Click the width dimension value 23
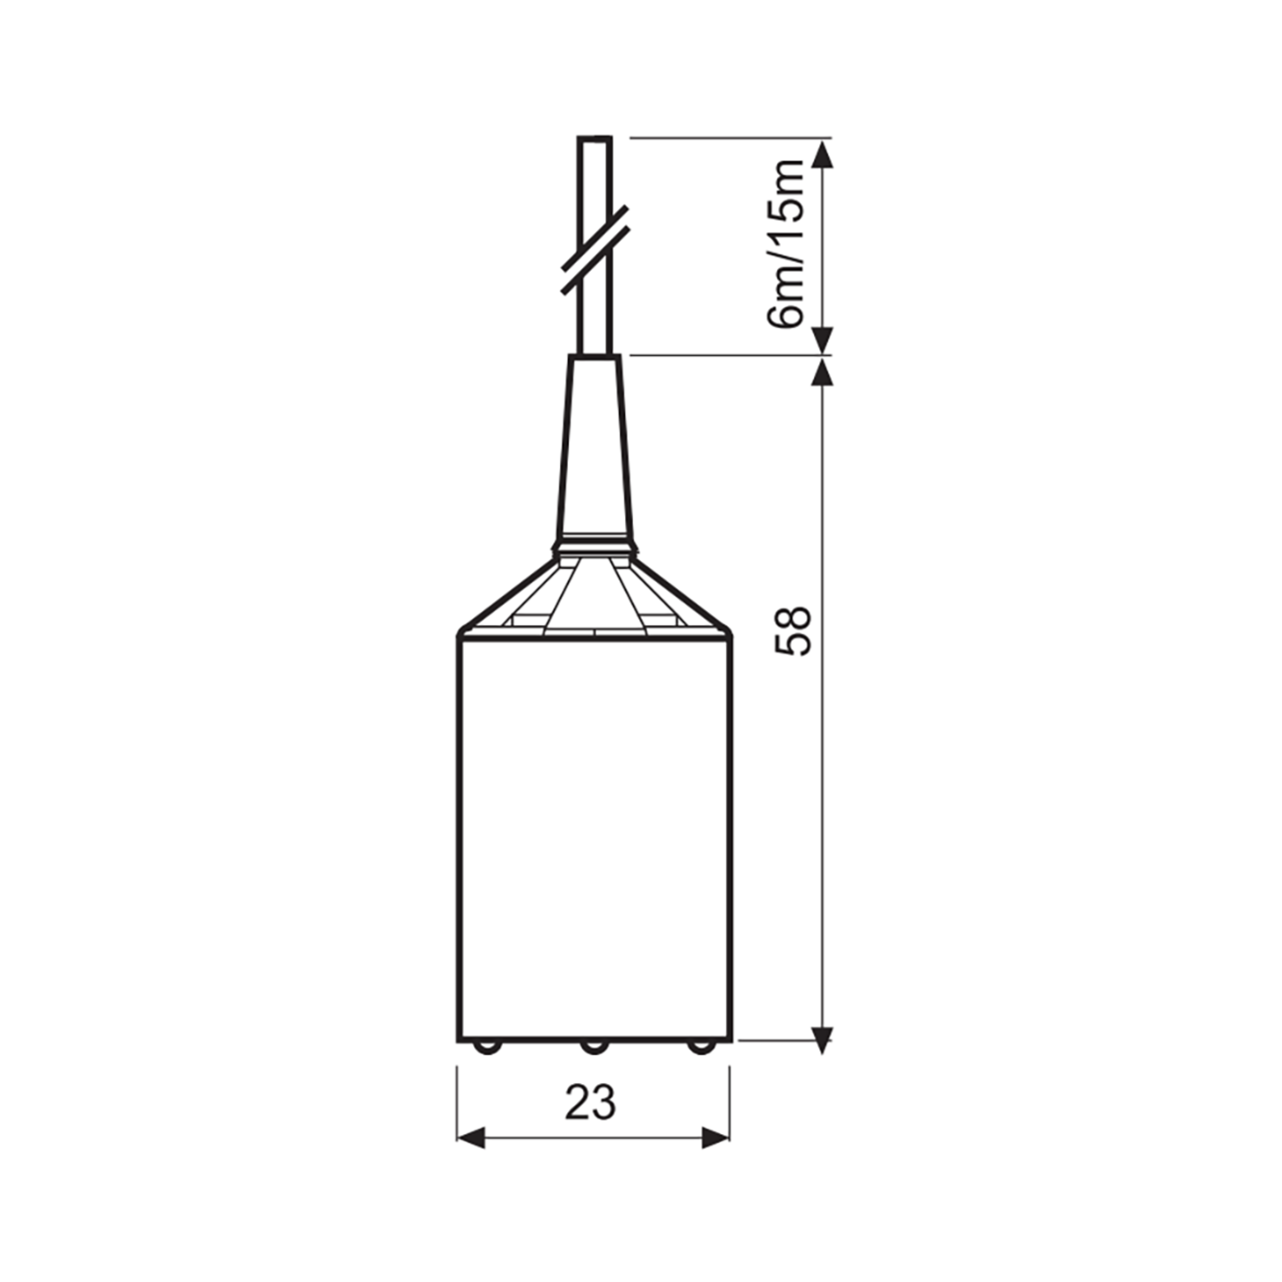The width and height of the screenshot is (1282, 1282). pos(591,1103)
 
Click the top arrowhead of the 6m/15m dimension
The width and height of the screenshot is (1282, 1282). pos(823,154)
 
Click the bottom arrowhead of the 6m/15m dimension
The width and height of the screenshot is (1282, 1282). pos(823,340)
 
